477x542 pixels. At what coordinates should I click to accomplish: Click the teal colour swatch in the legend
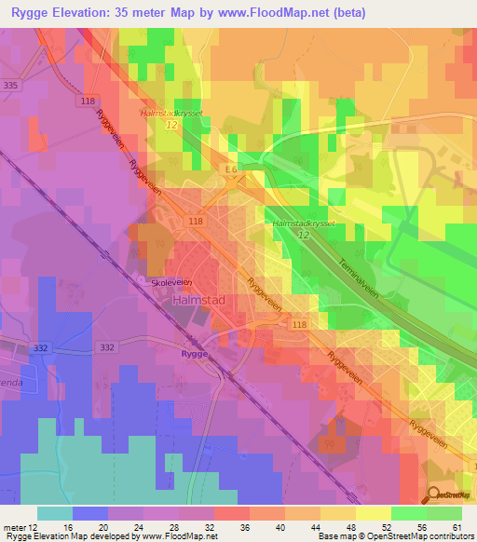coord(54,513)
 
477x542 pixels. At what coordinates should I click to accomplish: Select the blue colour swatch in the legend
coord(89,513)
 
